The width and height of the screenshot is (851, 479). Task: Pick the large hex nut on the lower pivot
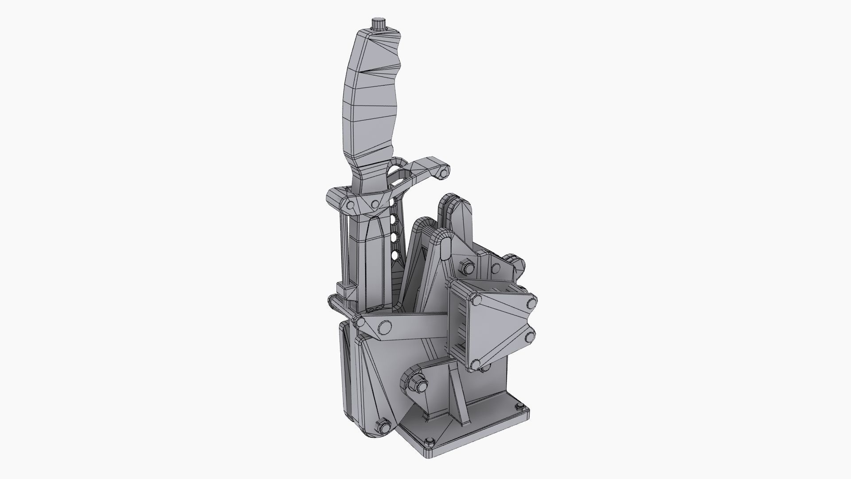[416, 382]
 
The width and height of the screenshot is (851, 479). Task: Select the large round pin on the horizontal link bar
[383, 329]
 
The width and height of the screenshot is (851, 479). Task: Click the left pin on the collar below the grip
[350, 205]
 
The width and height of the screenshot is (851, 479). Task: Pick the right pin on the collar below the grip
[375, 204]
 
